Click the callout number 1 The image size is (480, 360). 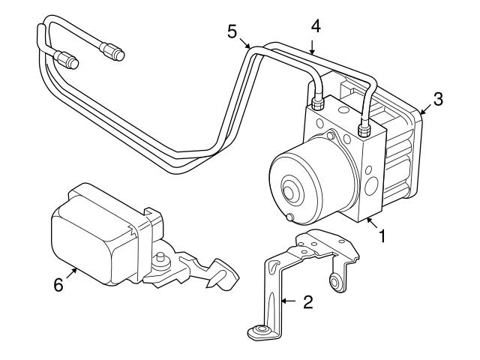click(x=382, y=238)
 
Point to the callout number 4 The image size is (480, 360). click(x=316, y=25)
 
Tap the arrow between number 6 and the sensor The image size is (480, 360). click(x=69, y=275)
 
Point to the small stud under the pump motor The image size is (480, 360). click(x=289, y=218)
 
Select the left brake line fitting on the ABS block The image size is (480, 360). click(x=316, y=103)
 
